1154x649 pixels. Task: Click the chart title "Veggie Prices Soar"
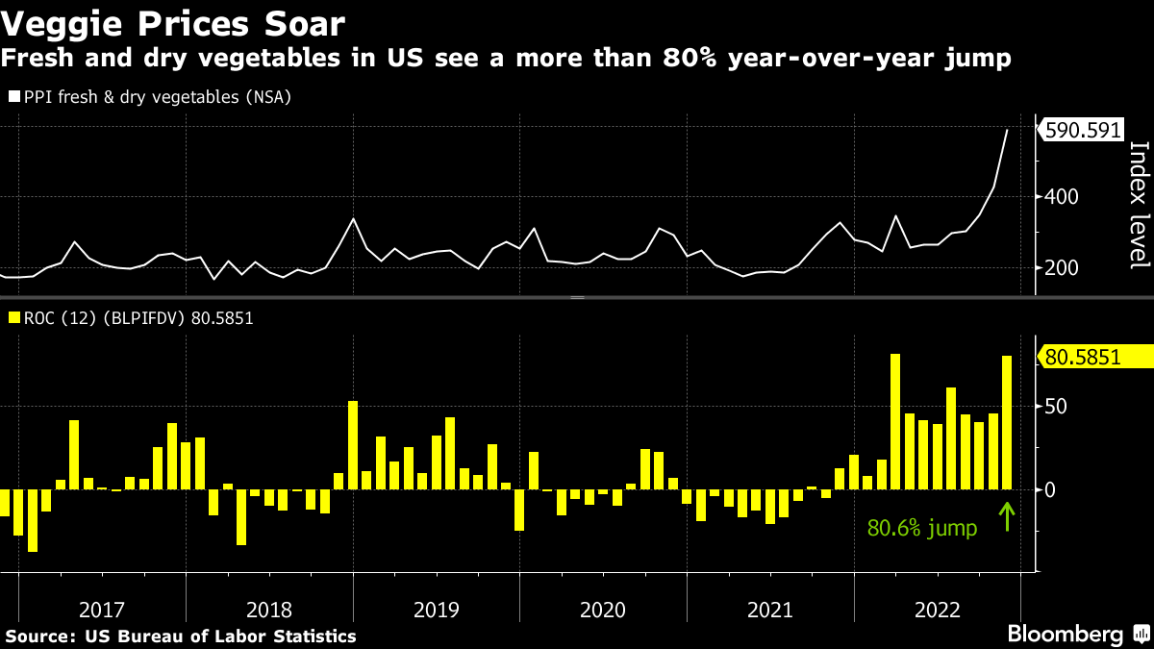click(174, 21)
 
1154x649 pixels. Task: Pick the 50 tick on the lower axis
click(1056, 406)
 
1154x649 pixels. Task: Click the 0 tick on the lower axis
click(1051, 489)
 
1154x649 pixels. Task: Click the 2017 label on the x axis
click(102, 610)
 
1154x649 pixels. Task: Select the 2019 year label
click(436, 610)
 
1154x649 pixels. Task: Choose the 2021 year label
click(769, 610)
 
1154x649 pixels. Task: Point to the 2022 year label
click(937, 610)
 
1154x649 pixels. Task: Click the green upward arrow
click(1007, 517)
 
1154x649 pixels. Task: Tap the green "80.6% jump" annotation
click(922, 528)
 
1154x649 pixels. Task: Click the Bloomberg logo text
click(1065, 635)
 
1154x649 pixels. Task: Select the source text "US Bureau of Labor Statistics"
click(220, 637)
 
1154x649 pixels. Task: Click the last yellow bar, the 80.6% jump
click(1007, 423)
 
